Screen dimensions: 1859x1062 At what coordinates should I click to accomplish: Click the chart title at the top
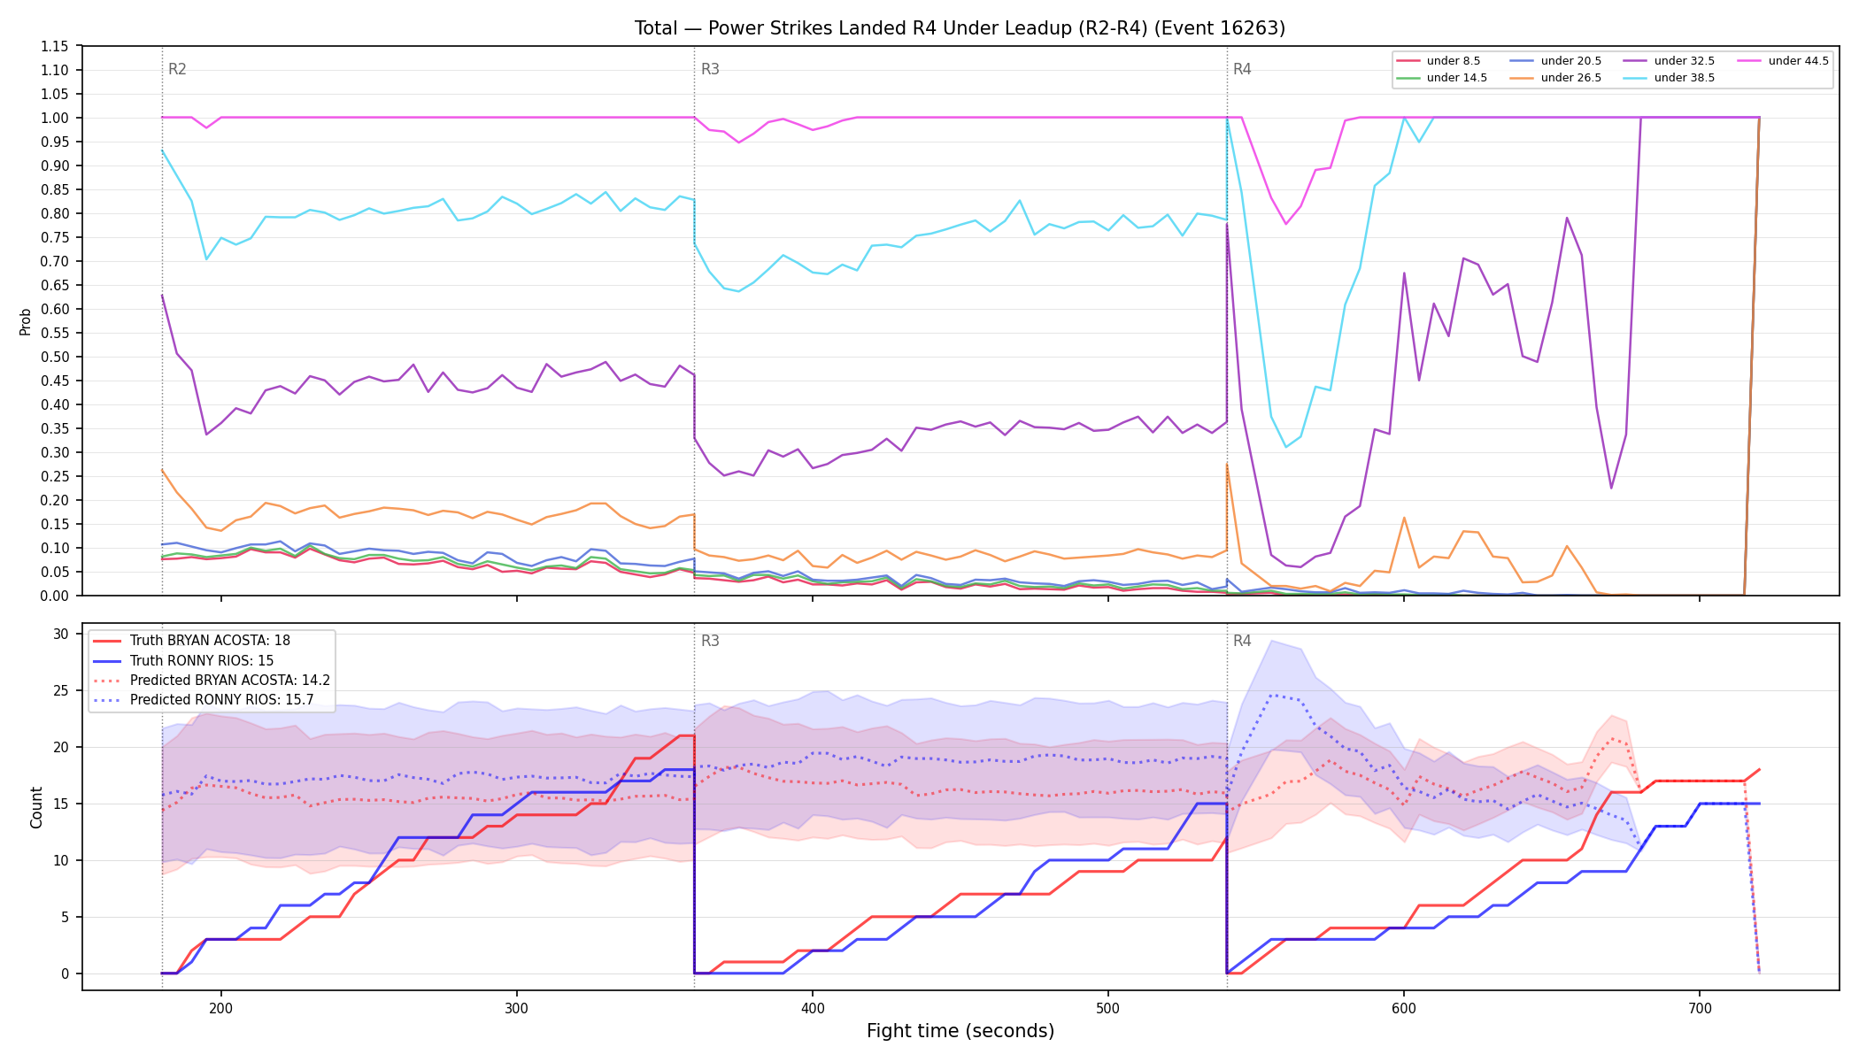960,28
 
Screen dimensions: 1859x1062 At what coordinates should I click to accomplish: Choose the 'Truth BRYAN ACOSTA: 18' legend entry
191,641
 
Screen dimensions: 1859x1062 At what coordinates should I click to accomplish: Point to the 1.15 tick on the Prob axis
55,46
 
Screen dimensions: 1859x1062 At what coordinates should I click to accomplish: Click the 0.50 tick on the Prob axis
55,357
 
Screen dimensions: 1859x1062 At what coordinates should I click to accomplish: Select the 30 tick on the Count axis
61,634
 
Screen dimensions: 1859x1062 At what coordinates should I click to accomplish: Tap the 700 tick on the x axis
1700,1007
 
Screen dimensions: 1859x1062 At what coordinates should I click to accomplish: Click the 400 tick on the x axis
813,1007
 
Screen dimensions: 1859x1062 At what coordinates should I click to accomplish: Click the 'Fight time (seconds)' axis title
960,1031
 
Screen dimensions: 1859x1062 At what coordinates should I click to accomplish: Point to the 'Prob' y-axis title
26,321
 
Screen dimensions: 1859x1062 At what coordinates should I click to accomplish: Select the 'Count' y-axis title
36,807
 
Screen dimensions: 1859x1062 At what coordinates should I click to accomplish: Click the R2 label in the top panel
177,69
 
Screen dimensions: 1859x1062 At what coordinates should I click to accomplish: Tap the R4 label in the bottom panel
1242,641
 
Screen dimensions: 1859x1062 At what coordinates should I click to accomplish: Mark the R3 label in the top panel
710,69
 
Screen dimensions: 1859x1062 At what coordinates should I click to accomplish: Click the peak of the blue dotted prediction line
1272,695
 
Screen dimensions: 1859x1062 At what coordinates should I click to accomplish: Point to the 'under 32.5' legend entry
1670,61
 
